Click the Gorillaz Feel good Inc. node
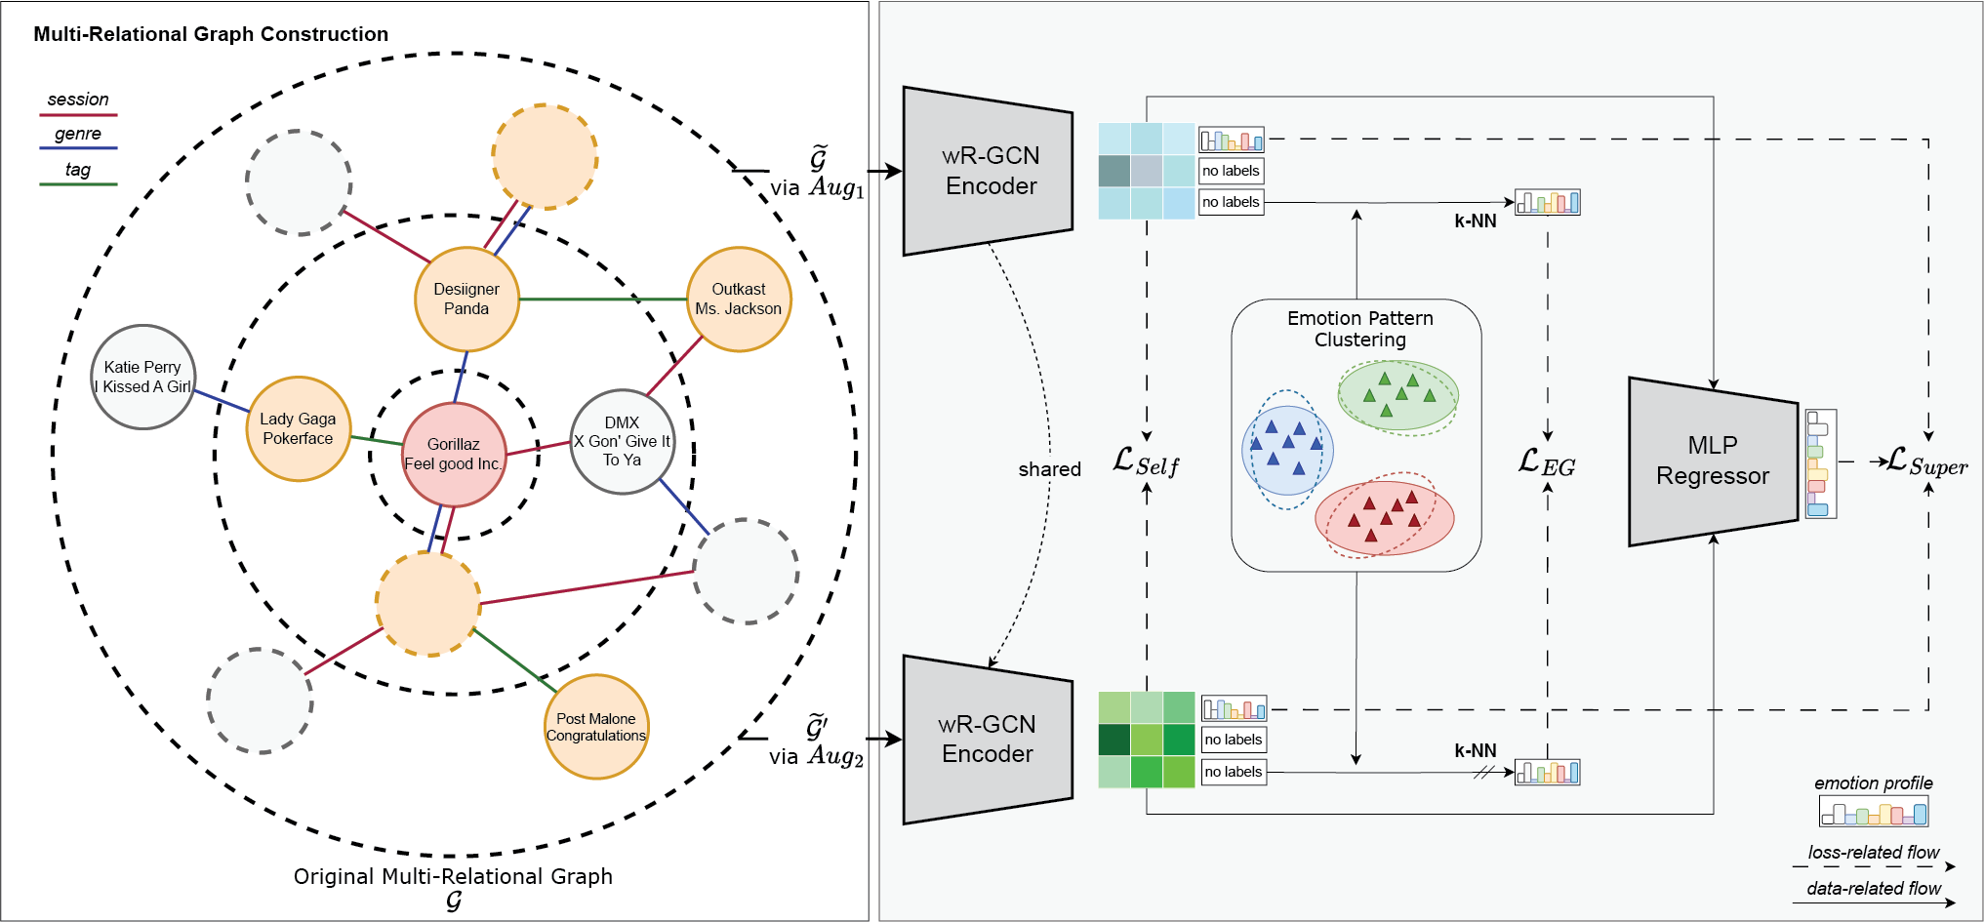(454, 455)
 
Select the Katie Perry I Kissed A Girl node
(143, 377)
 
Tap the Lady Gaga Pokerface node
(298, 429)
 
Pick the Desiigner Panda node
(466, 300)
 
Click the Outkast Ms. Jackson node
(739, 300)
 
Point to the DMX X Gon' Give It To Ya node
(622, 441)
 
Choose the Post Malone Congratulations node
(596, 727)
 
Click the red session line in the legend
(78, 115)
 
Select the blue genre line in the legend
(78, 148)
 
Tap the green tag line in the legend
(78, 183)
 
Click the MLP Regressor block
(1713, 461)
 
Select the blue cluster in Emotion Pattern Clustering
(1287, 450)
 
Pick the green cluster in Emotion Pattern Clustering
(1398, 394)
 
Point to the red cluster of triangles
(1385, 517)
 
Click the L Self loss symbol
(1147, 462)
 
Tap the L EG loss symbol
(1547, 462)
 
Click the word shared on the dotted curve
(1049, 469)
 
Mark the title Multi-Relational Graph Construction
(211, 34)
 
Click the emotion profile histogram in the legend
(1874, 812)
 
